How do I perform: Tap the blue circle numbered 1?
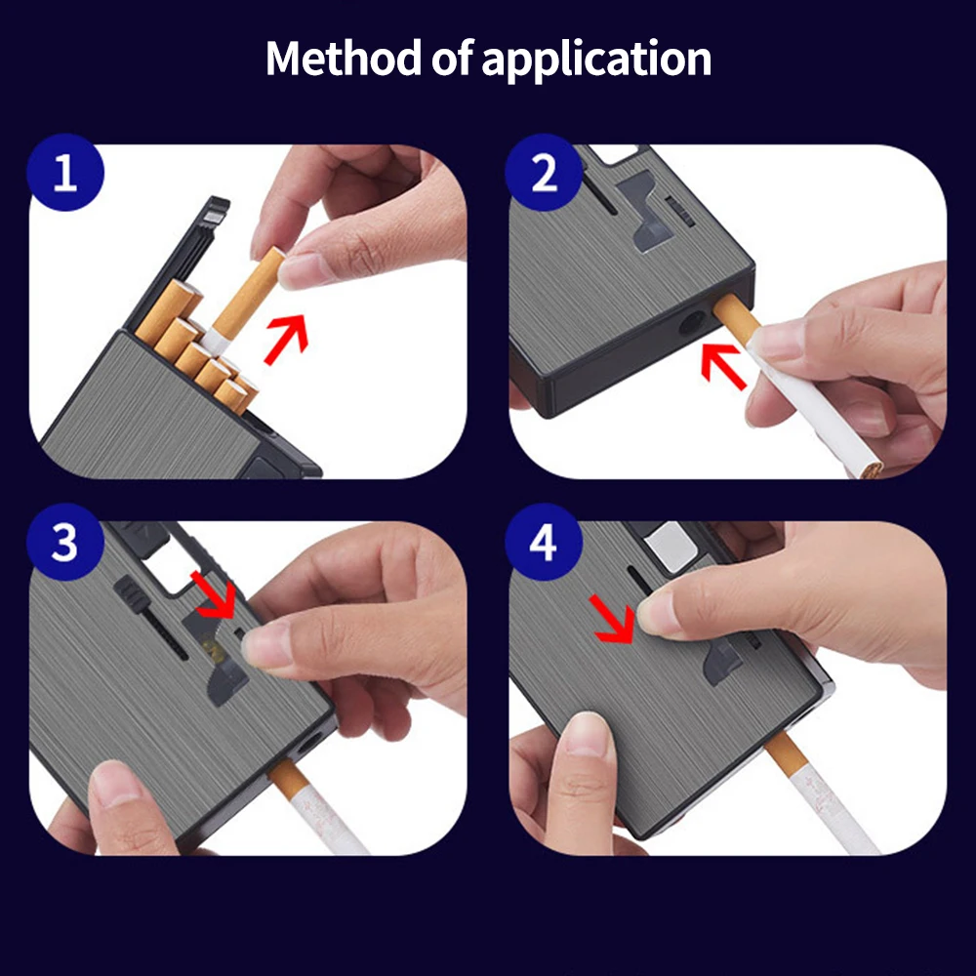tap(64, 176)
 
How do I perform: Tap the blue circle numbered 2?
tap(544, 176)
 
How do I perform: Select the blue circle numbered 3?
tap(64, 543)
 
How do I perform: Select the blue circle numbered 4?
tap(544, 543)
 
